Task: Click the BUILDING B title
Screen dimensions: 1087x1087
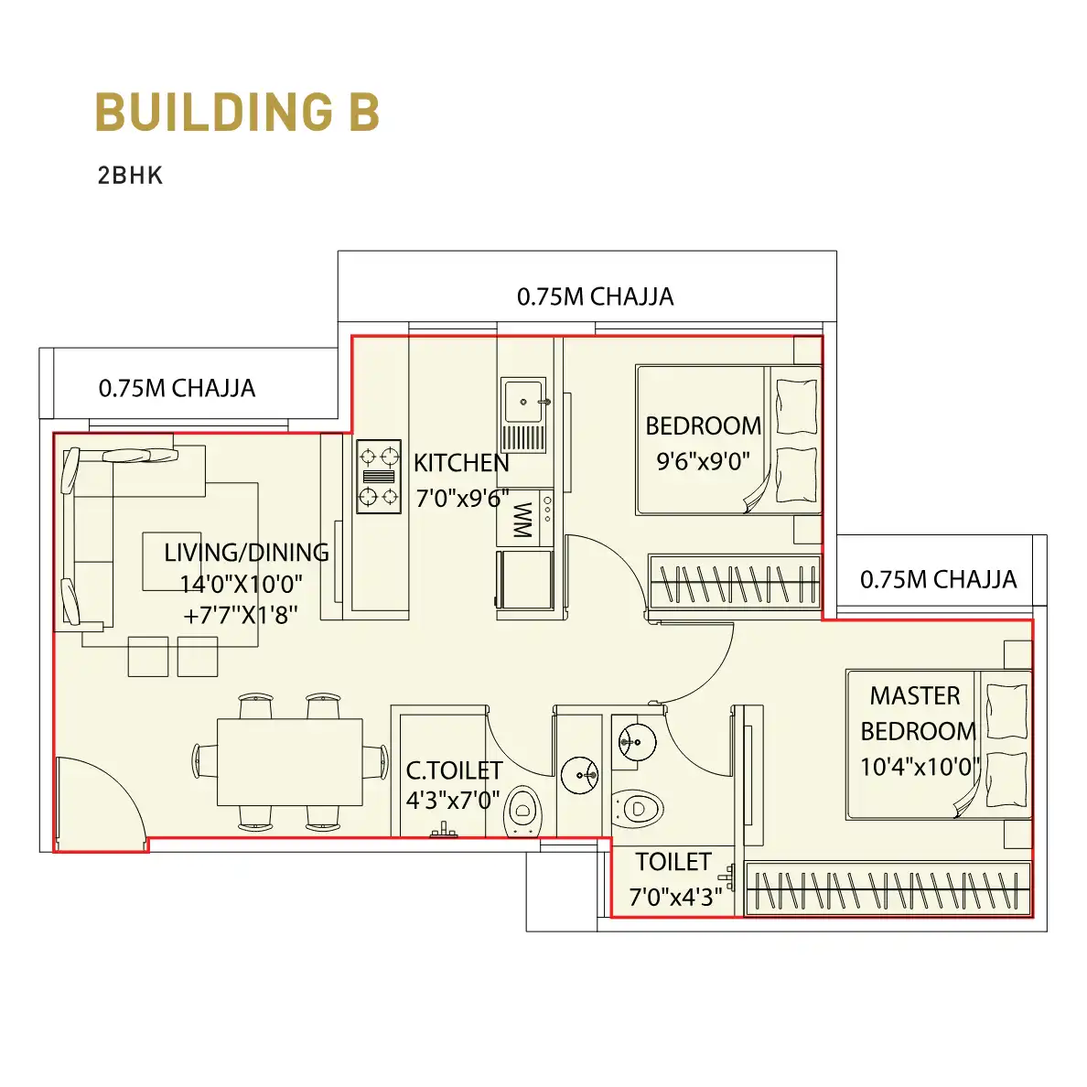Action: [x=237, y=113]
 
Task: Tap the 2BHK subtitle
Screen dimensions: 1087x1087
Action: [x=130, y=176]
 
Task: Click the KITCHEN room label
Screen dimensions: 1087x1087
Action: [x=461, y=462]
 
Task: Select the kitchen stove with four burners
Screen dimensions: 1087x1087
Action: [x=379, y=477]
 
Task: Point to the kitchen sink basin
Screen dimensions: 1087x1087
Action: [x=523, y=401]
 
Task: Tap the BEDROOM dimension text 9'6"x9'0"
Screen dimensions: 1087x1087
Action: [x=703, y=461]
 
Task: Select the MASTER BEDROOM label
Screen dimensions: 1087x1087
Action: [x=918, y=714]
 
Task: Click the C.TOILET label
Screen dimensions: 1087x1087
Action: [x=454, y=770]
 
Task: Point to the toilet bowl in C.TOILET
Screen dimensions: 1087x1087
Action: [x=522, y=811]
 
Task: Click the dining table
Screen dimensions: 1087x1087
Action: [x=290, y=762]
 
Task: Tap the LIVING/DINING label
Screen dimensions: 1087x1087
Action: [x=246, y=553]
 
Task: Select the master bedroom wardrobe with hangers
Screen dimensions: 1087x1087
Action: [x=888, y=889]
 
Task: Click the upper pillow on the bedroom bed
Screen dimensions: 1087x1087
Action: [x=797, y=406]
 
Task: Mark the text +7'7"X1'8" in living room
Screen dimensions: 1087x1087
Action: [x=240, y=615]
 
